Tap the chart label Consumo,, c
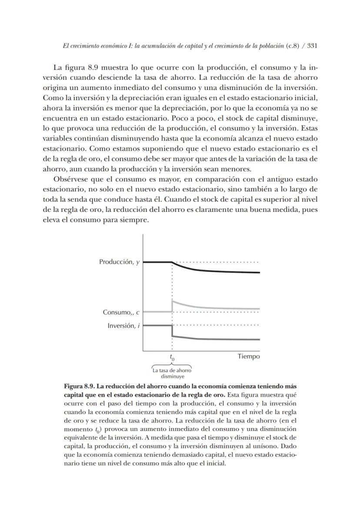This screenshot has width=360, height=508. click(x=121, y=312)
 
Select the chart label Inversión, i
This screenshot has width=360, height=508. click(x=123, y=326)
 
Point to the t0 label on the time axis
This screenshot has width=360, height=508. click(x=172, y=358)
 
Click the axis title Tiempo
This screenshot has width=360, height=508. click(x=249, y=357)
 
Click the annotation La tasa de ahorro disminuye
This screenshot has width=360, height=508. click(x=172, y=374)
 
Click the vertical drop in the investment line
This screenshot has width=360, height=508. click(x=172, y=331)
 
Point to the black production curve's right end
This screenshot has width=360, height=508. click(x=259, y=272)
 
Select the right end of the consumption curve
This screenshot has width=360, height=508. click(x=259, y=308)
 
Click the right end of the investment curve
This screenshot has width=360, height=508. click(x=259, y=339)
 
